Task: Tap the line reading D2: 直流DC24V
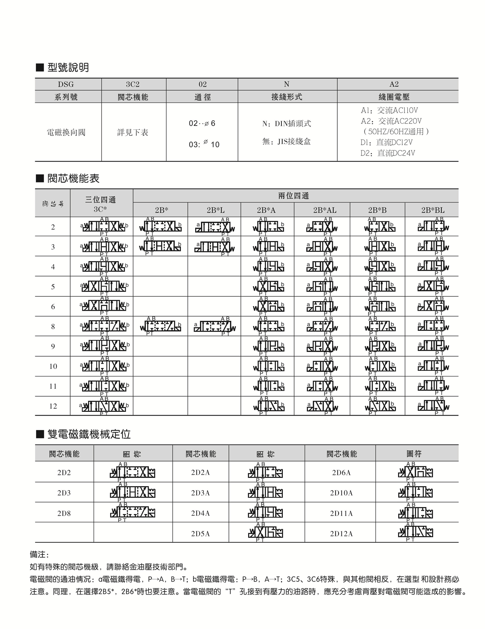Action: coord(388,153)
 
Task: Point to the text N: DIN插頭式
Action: coord(287,123)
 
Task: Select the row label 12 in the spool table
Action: coord(53,406)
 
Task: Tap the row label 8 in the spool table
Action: coord(53,326)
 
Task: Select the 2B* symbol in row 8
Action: coord(161,326)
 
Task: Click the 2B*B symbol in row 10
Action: coord(379,366)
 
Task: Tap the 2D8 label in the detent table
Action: coord(64,513)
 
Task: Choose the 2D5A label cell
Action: coord(200,533)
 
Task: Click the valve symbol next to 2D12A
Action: coord(415,532)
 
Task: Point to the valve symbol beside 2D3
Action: coord(133,492)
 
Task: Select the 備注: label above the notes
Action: coord(40,555)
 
